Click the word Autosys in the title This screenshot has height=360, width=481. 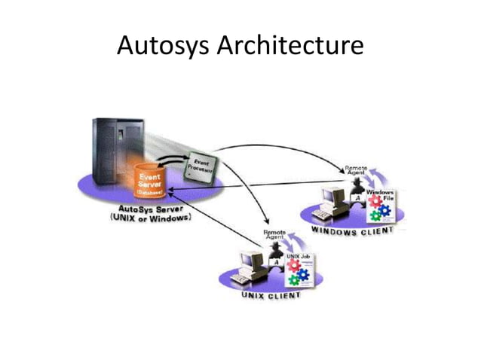[x=164, y=47]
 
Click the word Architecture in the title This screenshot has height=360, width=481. [x=290, y=47]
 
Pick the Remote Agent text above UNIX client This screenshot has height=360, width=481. [x=274, y=235]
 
